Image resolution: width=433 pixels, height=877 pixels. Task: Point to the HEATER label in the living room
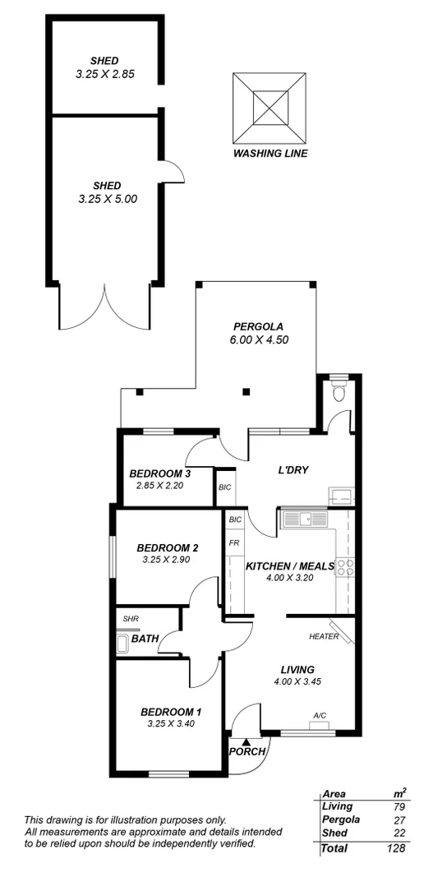324,637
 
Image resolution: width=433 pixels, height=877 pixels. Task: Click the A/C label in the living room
320,715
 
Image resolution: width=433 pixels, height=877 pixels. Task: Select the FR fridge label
234,543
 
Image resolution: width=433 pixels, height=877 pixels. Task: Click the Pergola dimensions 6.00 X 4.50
260,339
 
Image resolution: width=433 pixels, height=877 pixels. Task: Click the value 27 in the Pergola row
399,820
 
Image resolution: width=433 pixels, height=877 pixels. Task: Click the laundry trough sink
339,495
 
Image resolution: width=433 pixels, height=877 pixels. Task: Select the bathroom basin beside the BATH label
122,643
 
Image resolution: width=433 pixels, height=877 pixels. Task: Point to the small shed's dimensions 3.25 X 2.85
105,73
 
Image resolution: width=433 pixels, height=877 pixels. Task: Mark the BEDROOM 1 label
171,712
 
